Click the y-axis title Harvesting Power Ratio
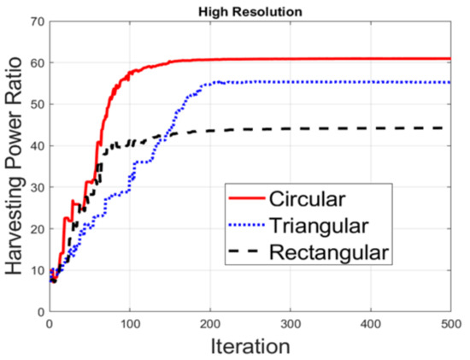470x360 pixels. tap(15, 165)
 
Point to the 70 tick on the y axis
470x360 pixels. tap(37, 21)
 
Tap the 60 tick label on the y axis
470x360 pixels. tap(37, 63)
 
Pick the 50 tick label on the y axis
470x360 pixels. tap(37, 104)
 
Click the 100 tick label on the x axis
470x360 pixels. tap(129, 324)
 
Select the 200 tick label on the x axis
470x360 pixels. tap(209, 324)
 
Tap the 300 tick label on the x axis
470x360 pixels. tap(290, 324)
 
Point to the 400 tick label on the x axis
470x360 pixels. tap(370, 324)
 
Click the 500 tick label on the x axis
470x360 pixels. tap(449, 324)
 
